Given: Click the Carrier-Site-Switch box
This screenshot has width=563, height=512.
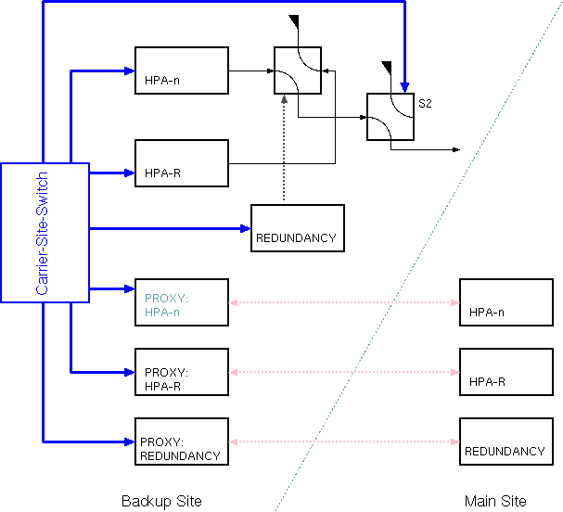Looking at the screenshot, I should pos(45,232).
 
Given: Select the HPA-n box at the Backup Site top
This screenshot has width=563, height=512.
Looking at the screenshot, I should pos(181,70).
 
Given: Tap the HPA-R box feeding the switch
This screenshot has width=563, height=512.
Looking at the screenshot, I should pos(181,162).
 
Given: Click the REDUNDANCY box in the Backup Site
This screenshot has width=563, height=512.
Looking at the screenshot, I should pos(297,227).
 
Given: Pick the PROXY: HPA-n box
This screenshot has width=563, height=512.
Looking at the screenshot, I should pos(181,301).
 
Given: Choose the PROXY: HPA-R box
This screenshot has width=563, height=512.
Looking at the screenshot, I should pos(181,372).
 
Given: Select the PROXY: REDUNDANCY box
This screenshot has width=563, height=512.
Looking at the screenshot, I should pos(181,441).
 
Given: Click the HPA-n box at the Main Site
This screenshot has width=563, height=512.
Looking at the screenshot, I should pos(505,301).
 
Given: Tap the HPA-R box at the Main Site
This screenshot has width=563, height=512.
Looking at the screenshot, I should pos(505,372).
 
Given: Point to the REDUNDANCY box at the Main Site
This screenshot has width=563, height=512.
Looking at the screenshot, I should pos(505,441).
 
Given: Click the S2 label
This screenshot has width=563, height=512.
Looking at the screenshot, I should pos(425,103).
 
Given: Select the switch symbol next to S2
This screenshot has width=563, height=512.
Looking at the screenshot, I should pos(390,117).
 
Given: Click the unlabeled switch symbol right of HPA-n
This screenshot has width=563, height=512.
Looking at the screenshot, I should pos(297,70).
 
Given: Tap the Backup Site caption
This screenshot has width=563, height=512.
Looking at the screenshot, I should pos(161,501).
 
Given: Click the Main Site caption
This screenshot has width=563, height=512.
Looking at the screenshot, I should pos(495,501).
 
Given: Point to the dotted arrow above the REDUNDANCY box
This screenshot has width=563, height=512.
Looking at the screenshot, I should pos(284,148).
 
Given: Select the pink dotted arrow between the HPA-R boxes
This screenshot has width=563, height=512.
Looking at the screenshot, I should pos(344,372).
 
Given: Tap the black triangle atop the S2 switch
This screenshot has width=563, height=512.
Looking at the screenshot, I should pos(387,67).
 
